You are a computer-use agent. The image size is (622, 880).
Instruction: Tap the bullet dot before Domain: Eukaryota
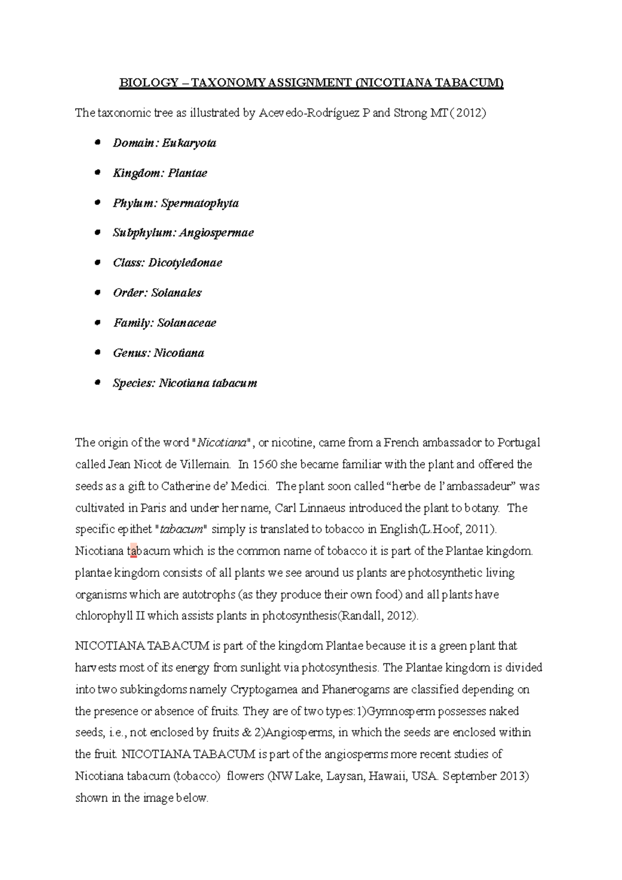[97, 143]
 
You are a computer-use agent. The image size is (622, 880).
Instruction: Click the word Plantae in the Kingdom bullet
[188, 173]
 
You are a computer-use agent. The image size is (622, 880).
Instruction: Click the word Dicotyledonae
[185, 263]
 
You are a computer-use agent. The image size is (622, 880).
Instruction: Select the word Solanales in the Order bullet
[176, 293]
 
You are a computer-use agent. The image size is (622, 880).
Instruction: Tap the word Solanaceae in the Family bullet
[187, 323]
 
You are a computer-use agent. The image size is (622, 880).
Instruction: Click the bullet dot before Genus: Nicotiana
[97, 352]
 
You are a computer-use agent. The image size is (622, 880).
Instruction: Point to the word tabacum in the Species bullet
[235, 383]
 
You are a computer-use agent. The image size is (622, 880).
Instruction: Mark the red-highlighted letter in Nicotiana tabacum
[134, 551]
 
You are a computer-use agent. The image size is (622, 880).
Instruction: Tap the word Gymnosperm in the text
[401, 712]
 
